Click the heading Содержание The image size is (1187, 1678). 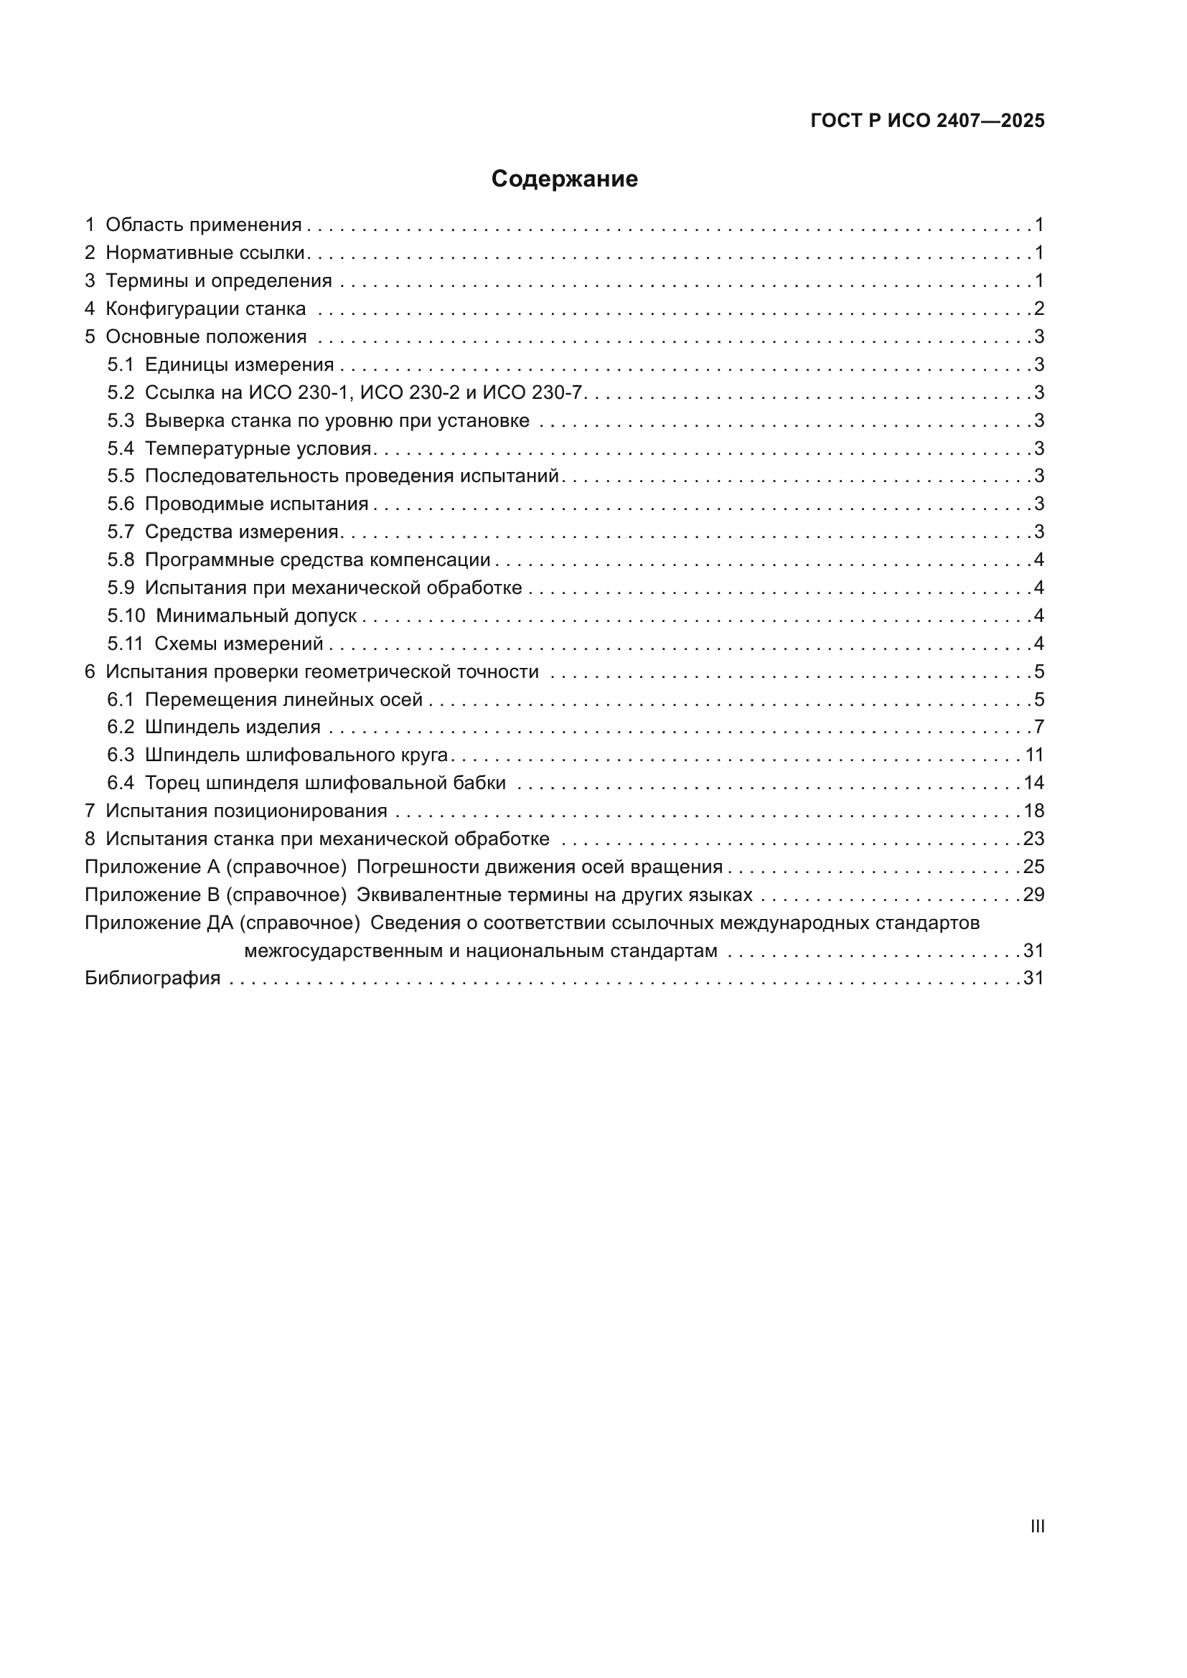[564, 179]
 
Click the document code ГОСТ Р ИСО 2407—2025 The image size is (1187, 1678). [927, 121]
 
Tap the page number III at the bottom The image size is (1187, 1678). [1037, 1526]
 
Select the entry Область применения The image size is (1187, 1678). [203, 225]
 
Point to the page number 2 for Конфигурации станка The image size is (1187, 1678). [1038, 308]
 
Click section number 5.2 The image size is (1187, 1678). [121, 392]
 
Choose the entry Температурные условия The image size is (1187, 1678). [259, 448]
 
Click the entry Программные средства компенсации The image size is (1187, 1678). [317, 560]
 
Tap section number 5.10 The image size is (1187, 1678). [126, 616]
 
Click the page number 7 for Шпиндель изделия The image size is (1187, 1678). [1038, 727]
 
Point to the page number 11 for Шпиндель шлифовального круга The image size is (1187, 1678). [1033, 755]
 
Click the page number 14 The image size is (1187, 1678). [1033, 783]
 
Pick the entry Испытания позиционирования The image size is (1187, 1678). [246, 811]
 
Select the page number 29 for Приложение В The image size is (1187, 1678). [1033, 895]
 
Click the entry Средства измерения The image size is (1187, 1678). [242, 532]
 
